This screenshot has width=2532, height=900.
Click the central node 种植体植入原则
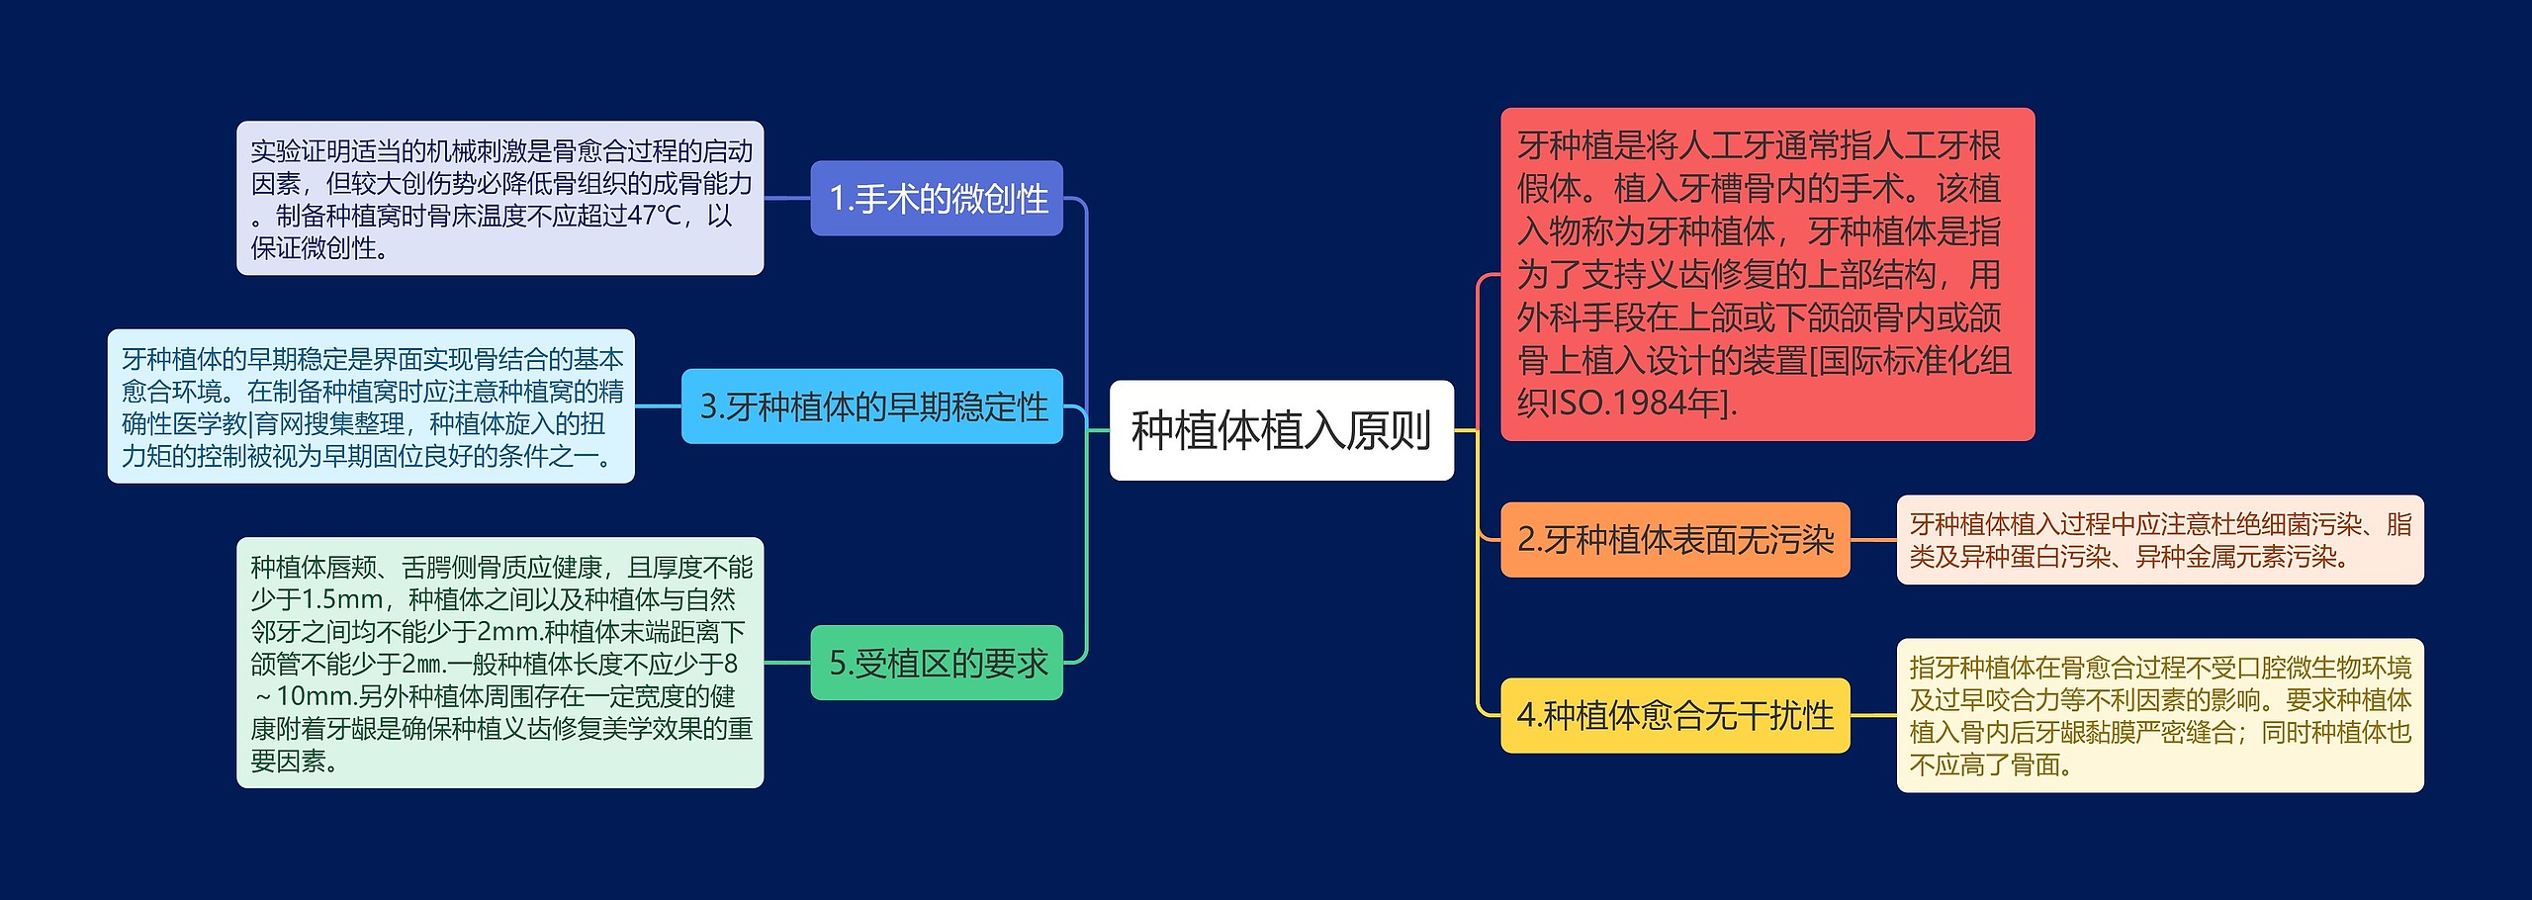[x=1281, y=430]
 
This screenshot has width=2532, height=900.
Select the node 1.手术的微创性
[x=936, y=198]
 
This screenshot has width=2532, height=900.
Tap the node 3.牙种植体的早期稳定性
[x=871, y=406]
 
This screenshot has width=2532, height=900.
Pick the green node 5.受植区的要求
[x=936, y=663]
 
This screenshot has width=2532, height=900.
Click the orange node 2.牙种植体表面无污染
[x=1674, y=540]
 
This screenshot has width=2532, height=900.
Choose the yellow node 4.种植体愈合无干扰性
[x=1674, y=715]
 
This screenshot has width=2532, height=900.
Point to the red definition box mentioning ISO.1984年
[x=1766, y=274]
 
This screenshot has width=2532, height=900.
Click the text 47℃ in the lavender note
[x=656, y=216]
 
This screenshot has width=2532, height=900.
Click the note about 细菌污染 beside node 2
[x=2159, y=540]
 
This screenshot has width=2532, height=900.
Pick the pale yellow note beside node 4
[x=2159, y=715]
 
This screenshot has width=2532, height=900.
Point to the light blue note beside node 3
[x=371, y=406]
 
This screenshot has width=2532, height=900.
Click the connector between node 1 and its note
[x=787, y=198]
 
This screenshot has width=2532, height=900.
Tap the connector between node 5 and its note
[x=787, y=663]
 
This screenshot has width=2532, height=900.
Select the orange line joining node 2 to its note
[x=1873, y=540]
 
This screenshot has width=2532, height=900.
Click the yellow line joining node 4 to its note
[x=1873, y=715]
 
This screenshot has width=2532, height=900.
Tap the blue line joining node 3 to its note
[x=658, y=406]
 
